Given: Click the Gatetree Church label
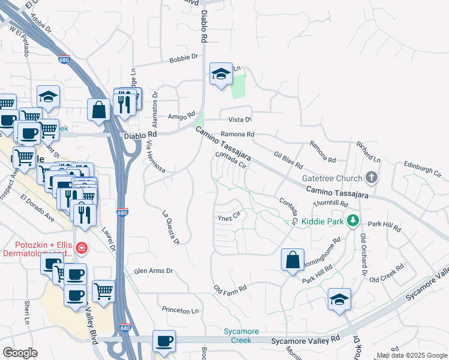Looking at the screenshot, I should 333,178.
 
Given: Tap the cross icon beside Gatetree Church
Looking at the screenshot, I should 372,178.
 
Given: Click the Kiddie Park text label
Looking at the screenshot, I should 326,221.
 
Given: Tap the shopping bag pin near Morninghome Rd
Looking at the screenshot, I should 292,260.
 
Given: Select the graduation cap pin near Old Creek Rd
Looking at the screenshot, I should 339,299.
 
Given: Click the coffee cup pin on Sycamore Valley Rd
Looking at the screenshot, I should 164,341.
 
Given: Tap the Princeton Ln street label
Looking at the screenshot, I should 180,310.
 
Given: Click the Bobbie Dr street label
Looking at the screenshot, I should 184,58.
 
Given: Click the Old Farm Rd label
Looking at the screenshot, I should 230,289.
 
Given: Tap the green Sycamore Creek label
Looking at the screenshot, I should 241,335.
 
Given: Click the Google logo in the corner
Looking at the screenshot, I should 20,353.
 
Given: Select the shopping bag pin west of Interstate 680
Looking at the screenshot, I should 98,110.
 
